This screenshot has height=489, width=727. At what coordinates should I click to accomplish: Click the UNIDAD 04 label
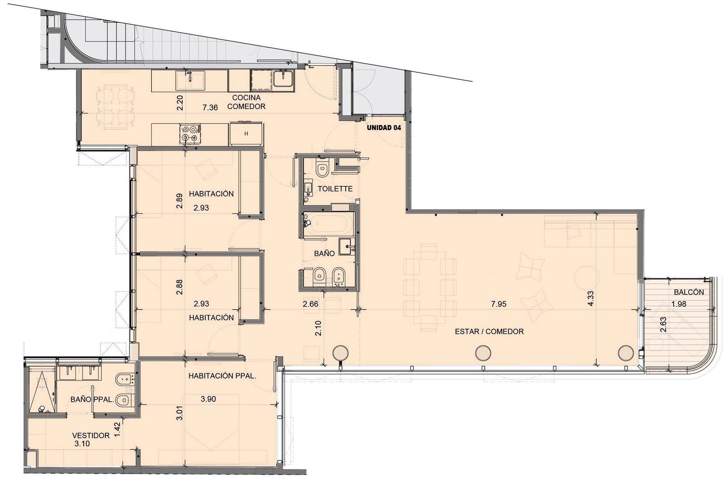[384, 128]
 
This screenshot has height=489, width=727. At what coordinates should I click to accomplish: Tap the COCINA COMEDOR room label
[246, 102]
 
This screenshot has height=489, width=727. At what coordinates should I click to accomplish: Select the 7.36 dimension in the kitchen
[210, 107]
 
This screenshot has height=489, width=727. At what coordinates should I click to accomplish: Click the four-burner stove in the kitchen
[190, 134]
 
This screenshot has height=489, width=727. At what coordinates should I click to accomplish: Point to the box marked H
[246, 134]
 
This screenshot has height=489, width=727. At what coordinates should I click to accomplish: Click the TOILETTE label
[335, 189]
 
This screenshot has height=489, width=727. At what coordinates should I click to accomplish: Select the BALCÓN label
[689, 292]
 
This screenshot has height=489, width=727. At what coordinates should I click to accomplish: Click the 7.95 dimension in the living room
[498, 304]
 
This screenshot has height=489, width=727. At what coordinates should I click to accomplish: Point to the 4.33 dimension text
[591, 298]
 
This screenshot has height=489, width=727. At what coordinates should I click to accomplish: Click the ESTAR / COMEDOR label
[489, 331]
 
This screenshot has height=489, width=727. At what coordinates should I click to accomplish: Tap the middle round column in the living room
[483, 353]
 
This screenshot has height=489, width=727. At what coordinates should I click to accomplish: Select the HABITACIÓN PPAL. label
[222, 376]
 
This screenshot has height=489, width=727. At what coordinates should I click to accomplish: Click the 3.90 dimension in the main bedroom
[208, 399]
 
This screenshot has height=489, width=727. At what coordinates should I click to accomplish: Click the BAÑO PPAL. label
[92, 399]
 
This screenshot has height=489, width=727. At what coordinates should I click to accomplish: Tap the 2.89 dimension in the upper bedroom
[179, 201]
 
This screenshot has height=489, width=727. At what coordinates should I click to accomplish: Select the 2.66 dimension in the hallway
[310, 304]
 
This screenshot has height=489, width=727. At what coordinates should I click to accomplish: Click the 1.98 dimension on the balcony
[679, 304]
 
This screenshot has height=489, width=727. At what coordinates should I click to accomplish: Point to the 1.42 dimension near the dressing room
[118, 429]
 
